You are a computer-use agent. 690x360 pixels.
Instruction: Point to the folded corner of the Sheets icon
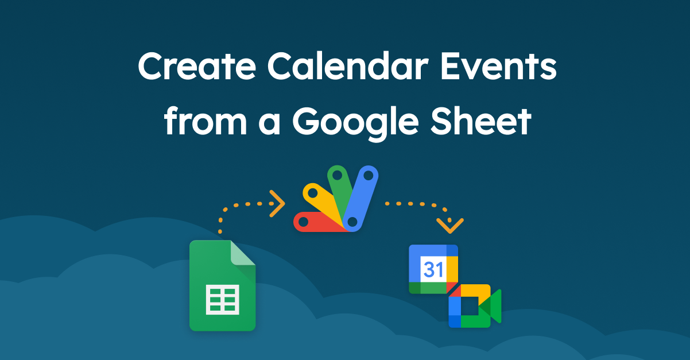[243, 253]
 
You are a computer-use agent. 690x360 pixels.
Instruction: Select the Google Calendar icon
[433, 269]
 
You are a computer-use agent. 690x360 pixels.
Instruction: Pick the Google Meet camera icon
[474, 306]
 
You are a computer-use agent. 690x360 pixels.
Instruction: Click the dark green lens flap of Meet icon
[495, 306]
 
